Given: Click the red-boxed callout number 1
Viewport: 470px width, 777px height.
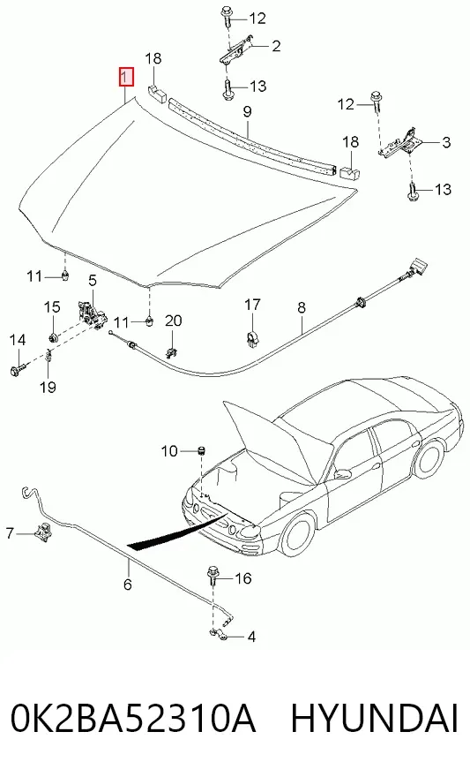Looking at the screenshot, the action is point(126,77).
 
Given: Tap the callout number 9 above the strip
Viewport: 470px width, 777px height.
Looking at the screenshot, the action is point(248,111).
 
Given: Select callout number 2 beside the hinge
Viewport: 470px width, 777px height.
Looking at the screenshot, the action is point(276,46).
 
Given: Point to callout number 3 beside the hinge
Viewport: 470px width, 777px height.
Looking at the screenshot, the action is point(446,143).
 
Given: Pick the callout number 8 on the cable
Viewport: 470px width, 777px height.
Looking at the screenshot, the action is point(302,308).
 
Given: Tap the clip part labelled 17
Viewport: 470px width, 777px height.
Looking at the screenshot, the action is point(252,340).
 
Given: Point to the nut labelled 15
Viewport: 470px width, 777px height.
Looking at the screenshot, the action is point(53,338).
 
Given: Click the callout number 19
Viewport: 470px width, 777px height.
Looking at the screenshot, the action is point(48,387).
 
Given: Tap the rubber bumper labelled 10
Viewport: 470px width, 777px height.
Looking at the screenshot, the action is point(202,451).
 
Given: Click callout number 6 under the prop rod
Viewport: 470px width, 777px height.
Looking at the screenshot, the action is point(128,585).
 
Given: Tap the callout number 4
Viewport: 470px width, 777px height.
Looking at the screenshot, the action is point(251,637).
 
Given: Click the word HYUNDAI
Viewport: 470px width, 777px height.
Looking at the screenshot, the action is point(374,718).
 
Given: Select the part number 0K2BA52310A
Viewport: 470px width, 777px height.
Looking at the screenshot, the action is point(133,718).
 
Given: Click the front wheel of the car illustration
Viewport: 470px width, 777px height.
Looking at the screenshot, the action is point(296,536).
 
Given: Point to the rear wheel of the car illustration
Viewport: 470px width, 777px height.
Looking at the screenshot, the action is point(429,459).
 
